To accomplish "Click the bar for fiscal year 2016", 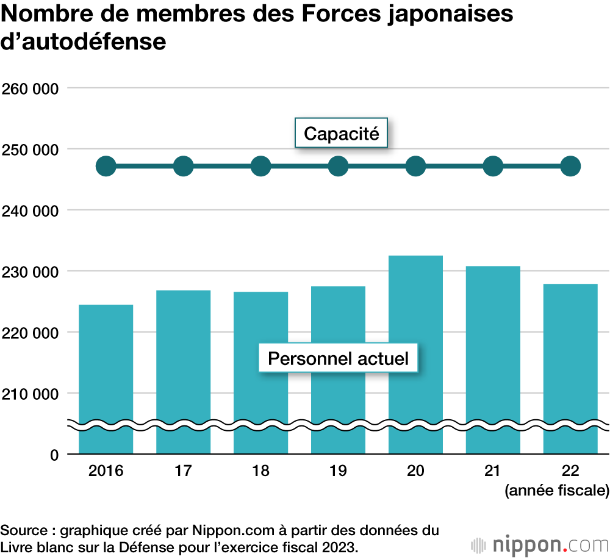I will (x=106, y=366).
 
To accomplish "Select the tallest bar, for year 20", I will (x=415, y=342).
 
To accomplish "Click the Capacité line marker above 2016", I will (x=106, y=166).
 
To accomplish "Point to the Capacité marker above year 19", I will (x=338, y=166).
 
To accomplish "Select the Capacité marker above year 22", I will (x=570, y=166).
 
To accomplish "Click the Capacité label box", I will (x=341, y=133).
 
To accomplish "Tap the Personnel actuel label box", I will (x=338, y=358).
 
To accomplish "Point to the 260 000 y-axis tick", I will (x=30, y=88).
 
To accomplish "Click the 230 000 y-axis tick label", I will (x=30, y=272).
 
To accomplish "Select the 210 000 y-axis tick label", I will (x=30, y=394).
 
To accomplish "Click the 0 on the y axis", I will (x=54, y=455).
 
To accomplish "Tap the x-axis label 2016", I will (x=106, y=471).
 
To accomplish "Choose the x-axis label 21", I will (x=493, y=471).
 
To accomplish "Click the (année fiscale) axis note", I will (x=556, y=490).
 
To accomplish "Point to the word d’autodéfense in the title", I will (x=84, y=43).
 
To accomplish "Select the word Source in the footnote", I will (x=23, y=529).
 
